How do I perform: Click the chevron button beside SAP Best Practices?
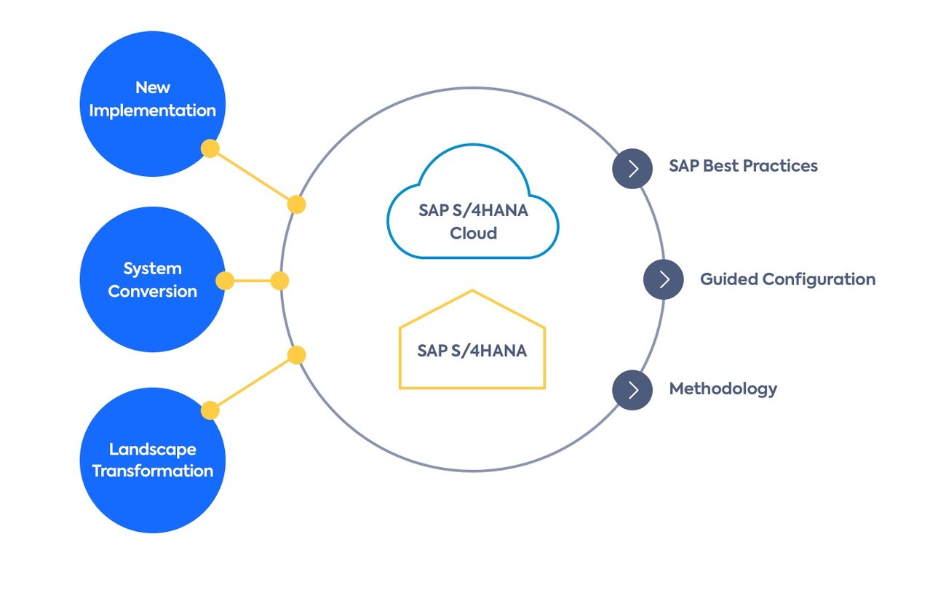(x=632, y=169)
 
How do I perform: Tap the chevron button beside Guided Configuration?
(x=664, y=279)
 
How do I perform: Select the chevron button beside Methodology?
(x=632, y=391)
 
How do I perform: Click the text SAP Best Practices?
(x=743, y=166)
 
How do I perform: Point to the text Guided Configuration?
(x=787, y=279)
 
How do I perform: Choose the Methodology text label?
(x=723, y=388)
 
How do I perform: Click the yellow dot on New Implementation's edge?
(x=210, y=149)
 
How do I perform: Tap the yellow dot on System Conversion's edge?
(x=225, y=281)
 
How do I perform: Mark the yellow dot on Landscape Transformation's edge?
(x=210, y=411)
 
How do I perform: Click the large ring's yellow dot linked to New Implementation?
(x=296, y=204)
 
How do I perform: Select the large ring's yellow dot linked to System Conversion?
(x=279, y=281)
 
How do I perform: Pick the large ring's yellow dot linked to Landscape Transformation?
(x=296, y=355)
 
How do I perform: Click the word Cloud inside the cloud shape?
(x=473, y=234)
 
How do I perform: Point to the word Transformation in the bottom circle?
(x=152, y=471)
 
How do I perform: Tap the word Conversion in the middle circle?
(x=152, y=291)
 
